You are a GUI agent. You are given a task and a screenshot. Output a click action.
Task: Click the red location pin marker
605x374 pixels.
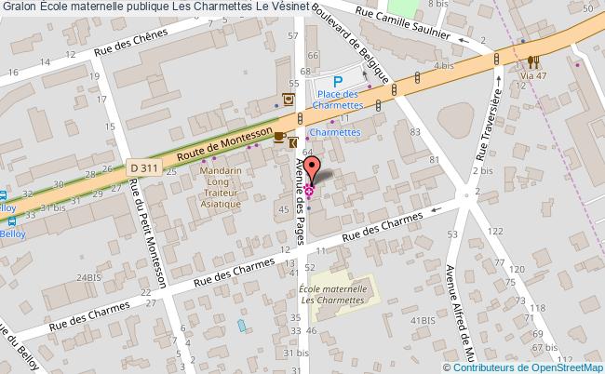coord(314,170)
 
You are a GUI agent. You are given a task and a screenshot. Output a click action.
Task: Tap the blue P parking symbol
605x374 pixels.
coord(338,83)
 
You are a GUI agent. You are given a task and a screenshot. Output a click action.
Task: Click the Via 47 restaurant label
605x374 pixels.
coord(533,75)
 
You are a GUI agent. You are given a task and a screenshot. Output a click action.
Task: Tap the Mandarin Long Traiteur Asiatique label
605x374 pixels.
coord(222,187)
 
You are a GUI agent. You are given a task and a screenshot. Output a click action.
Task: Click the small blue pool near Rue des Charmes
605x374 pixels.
coord(243,326)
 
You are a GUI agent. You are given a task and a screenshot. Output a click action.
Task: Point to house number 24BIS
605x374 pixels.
coord(88,277)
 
